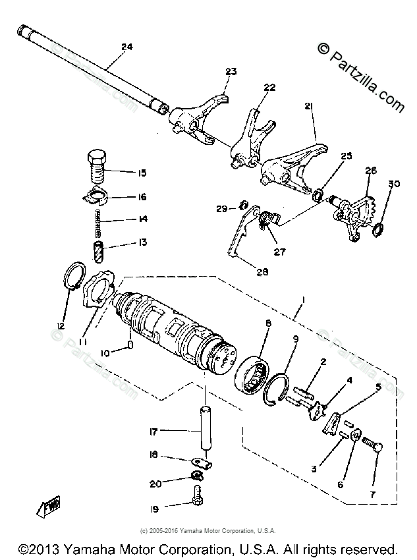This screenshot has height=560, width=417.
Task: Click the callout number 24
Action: point(126,46)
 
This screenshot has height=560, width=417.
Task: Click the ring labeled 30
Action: point(379,229)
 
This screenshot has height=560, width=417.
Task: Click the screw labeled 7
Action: point(377,455)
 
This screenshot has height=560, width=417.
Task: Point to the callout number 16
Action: point(142,196)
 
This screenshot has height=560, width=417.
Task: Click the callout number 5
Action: point(378,387)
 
